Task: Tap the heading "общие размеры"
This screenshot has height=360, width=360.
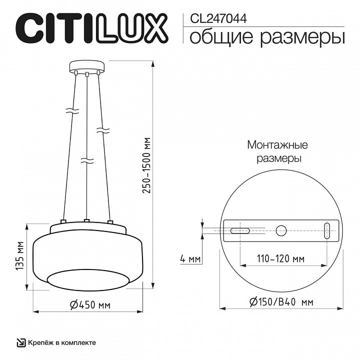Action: point(267,36)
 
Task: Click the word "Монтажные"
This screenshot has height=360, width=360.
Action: point(277,145)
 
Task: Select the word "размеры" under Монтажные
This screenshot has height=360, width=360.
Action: point(278,158)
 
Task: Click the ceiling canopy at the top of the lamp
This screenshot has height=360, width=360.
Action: point(87,67)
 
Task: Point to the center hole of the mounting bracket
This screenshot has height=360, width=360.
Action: point(281,230)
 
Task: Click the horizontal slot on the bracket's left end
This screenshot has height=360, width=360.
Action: point(240,230)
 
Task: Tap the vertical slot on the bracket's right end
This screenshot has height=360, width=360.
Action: point(327,230)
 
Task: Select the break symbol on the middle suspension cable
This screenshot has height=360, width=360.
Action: point(87,161)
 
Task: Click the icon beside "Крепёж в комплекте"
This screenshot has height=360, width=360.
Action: point(20,342)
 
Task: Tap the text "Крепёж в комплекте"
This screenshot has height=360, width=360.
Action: point(61,342)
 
